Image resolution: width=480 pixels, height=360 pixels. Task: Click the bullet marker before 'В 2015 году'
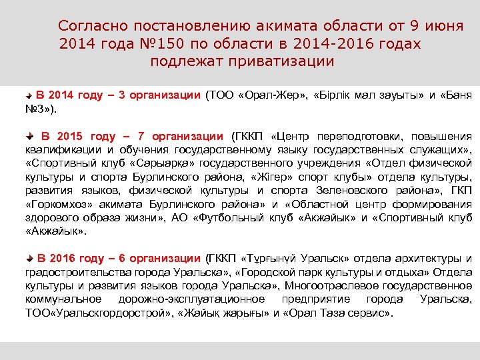[x=33, y=137]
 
